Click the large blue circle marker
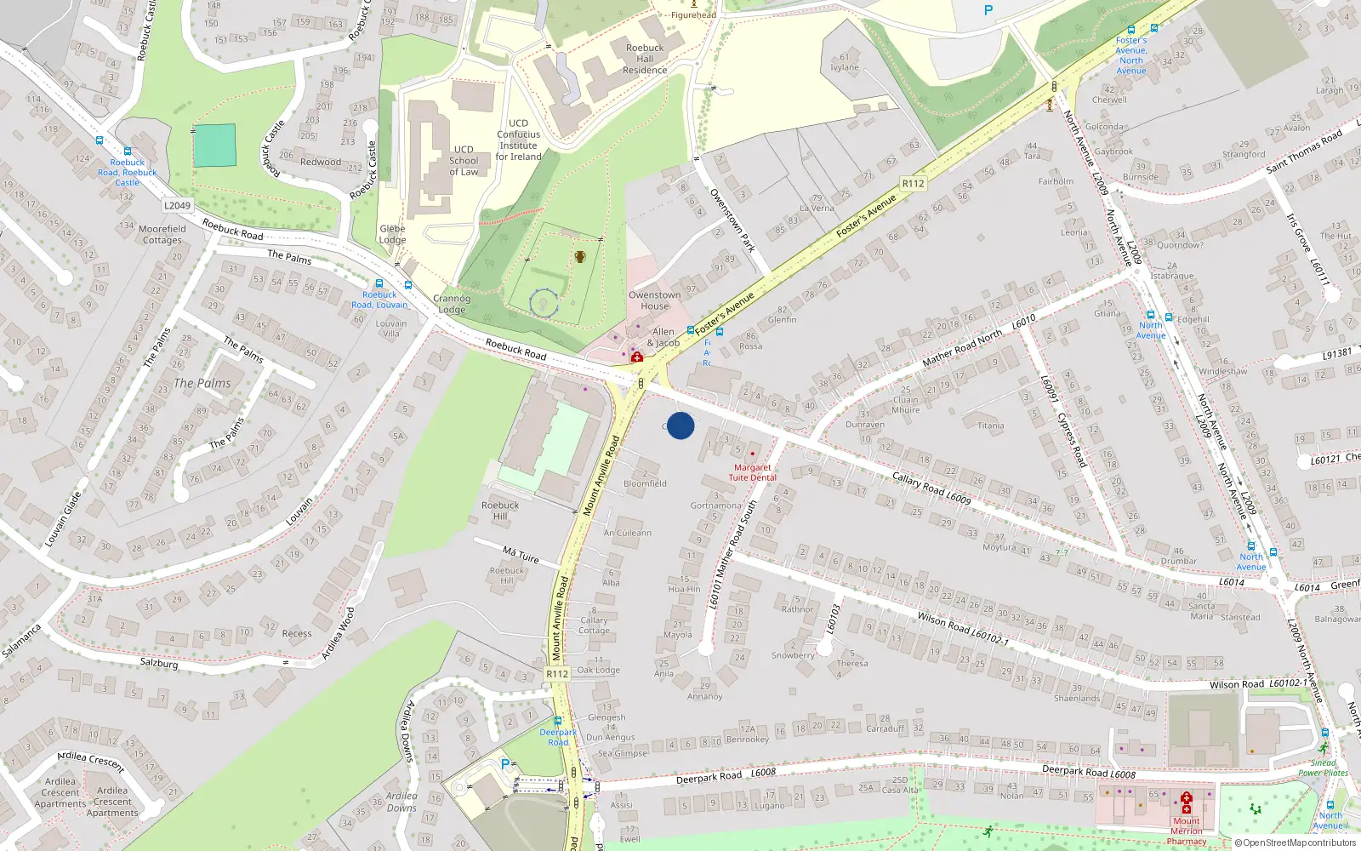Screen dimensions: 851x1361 [x=680, y=425]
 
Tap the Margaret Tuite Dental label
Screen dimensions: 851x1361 [x=753, y=472]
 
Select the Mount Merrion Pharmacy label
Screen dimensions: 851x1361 [x=1187, y=831]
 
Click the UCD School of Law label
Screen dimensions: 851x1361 [x=464, y=160]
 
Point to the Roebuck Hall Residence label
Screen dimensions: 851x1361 [x=645, y=59]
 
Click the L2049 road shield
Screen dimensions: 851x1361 [x=177, y=205]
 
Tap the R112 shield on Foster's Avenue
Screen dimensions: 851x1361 [x=913, y=183]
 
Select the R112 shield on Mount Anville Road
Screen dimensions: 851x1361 [x=557, y=673]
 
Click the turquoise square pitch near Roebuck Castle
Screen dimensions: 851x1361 [x=214, y=146]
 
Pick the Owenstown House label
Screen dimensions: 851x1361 [x=654, y=300]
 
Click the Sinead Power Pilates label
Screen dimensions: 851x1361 [x=1323, y=768]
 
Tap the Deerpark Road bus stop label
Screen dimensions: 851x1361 [x=558, y=737]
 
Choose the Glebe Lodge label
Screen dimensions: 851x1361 [x=392, y=234]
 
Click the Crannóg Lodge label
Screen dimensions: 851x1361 [x=452, y=304]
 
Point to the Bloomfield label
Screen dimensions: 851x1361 [x=645, y=483]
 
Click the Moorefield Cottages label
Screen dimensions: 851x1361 [x=162, y=234]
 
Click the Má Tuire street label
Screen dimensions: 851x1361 [x=521, y=555]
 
